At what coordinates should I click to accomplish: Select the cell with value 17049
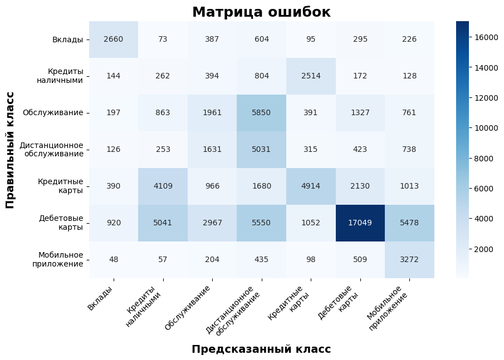[360, 223]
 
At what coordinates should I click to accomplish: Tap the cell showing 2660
[114, 39]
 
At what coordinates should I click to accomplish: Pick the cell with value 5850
[262, 112]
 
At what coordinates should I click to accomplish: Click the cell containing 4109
[163, 186]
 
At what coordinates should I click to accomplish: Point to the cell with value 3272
[410, 259]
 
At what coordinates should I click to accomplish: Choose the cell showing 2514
[311, 76]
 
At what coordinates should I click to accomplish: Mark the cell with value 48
[114, 259]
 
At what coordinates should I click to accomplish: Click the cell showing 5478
[410, 223]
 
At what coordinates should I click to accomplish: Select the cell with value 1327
[360, 112]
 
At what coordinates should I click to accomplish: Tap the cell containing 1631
[212, 149]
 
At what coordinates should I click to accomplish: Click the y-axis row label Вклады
[67, 40]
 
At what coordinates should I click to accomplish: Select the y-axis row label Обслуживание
[53, 113]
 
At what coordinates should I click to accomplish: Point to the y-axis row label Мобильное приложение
[61, 259]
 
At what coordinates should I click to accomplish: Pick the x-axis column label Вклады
[100, 298]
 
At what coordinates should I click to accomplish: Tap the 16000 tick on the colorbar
[482, 37]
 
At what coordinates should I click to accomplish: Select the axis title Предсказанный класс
[261, 349]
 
